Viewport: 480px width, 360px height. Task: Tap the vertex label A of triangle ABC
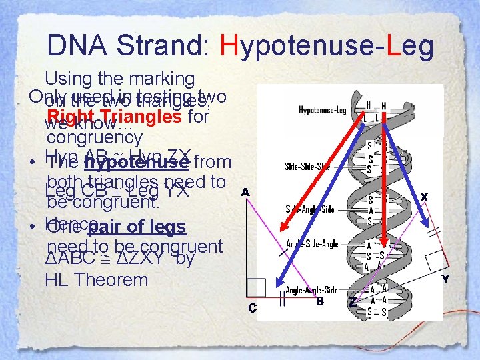click(x=245, y=192)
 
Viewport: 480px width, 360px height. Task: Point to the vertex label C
click(x=253, y=307)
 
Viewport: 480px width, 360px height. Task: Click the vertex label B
click(x=320, y=301)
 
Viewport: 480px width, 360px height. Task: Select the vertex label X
click(x=423, y=197)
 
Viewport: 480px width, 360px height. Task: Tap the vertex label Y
click(x=445, y=279)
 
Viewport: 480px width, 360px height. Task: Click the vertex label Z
click(x=353, y=302)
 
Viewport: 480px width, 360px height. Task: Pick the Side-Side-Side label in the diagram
click(x=307, y=166)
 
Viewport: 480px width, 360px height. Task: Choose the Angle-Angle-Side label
click(x=312, y=290)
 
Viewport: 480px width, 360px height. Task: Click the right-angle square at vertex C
click(x=255, y=287)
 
